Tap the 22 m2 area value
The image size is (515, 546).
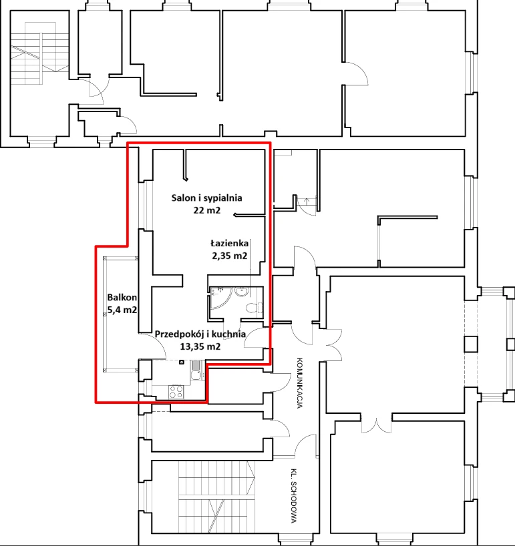tap(207, 210)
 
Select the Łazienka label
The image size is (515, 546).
tap(230, 244)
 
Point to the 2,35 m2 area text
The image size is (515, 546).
tap(230, 256)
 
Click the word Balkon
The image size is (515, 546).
tap(122, 298)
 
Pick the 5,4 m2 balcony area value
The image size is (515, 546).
tap(122, 310)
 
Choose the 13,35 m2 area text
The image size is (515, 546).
tap(200, 346)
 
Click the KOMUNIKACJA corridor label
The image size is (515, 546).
tap(299, 382)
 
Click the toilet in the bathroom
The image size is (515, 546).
tap(254, 308)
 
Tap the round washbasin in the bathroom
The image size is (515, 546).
tap(242, 292)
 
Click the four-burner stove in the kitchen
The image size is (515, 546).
tap(176, 392)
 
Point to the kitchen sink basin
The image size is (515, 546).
tap(196, 375)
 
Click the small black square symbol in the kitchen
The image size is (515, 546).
tap(182, 362)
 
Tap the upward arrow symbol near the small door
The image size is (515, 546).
tap(307, 201)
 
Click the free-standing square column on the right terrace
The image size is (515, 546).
tap(471, 344)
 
